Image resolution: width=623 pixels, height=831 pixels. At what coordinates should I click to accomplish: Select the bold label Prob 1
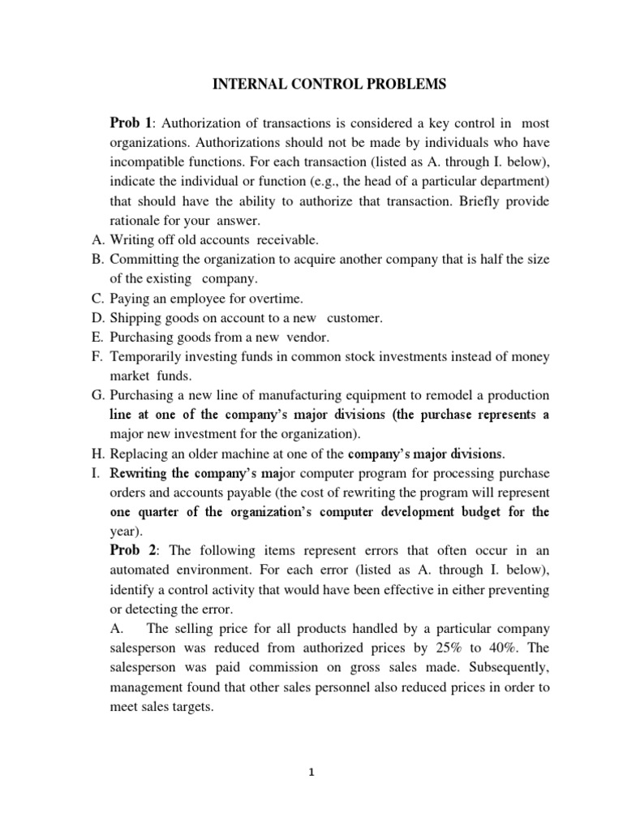(x=131, y=123)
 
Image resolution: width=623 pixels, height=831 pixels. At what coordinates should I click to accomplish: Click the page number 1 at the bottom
(x=311, y=773)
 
